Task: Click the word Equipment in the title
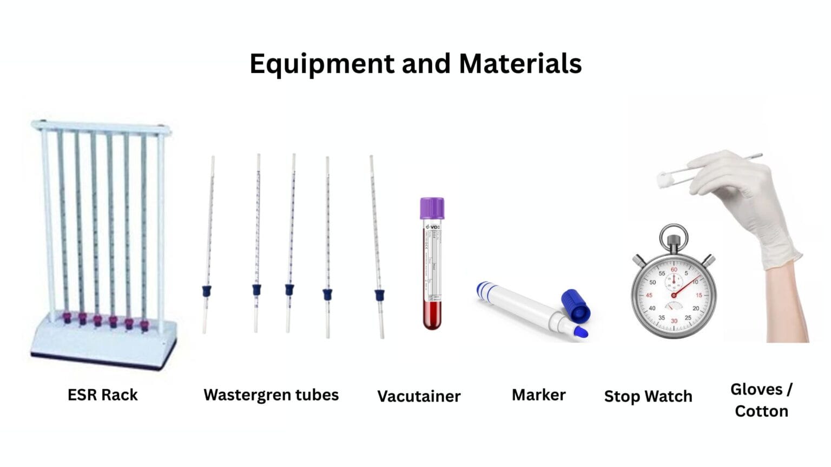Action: tap(322, 64)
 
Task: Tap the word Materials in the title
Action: tap(520, 64)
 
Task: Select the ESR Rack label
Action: tap(102, 395)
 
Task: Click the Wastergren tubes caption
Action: tap(271, 395)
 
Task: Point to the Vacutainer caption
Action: tap(419, 396)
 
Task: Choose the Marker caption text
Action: tap(538, 395)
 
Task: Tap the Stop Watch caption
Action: tap(648, 396)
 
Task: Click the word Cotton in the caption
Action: tap(761, 411)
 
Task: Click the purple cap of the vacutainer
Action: tap(432, 208)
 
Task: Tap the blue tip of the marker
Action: tap(581, 332)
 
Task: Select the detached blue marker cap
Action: tap(576, 305)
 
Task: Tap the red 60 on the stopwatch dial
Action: tap(674, 269)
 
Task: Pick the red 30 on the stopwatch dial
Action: tap(674, 321)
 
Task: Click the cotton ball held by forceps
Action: tap(665, 179)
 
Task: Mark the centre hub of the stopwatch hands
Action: tap(674, 295)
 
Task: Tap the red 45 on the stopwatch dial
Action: tap(649, 295)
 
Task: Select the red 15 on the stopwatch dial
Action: tap(699, 295)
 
